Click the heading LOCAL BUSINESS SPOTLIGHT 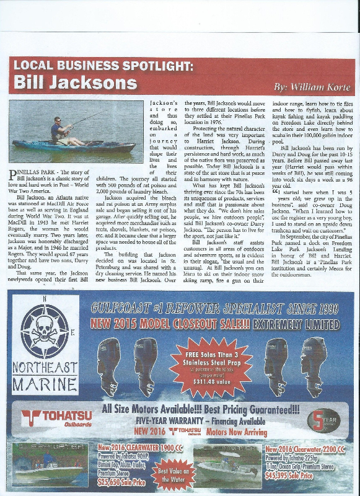click(103, 64)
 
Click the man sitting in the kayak click(60, 131)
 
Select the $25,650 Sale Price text click(121, 481)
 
